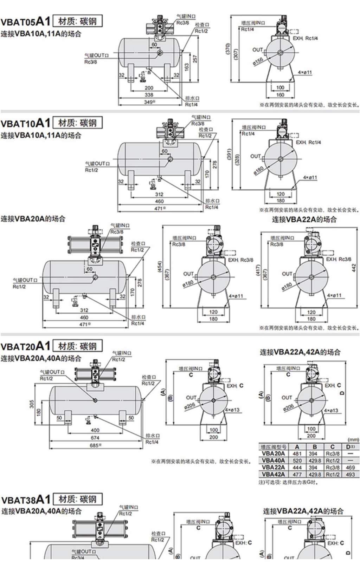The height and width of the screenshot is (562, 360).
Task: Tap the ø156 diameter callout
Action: (258, 61)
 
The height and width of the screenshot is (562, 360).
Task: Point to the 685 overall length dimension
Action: (94, 445)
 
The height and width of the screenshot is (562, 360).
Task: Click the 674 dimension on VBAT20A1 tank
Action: (95, 438)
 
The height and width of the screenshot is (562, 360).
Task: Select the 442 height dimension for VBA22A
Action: (354, 268)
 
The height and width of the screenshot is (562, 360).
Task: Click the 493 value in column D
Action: (350, 475)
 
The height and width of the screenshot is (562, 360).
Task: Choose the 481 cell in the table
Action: (297, 453)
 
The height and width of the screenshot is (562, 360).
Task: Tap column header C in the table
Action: (332, 447)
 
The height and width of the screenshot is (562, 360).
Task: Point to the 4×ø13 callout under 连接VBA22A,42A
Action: (330, 410)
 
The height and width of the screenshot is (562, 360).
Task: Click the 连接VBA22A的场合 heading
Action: (304, 220)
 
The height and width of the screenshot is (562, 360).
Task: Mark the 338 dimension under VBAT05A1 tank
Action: (149, 95)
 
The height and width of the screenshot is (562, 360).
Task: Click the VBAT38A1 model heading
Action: (25, 499)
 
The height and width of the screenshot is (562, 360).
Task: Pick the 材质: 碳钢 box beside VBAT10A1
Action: (77, 123)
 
